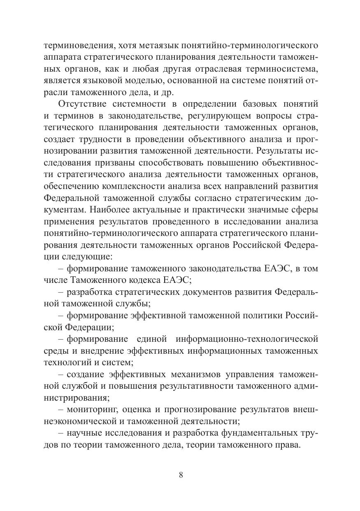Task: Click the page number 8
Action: point(181,474)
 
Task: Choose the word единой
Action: point(151,339)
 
